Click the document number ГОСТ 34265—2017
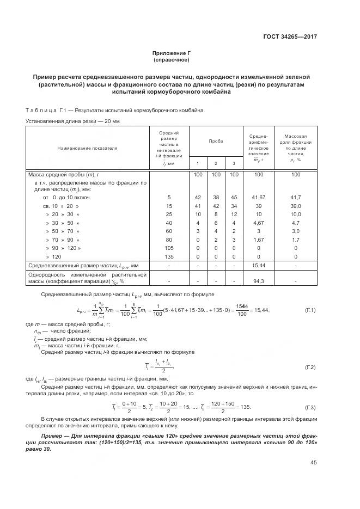pyautogui.click(x=291, y=37)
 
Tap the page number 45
pyautogui.click(x=313, y=463)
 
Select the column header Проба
pyautogui.click(x=215, y=141)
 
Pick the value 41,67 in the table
pyautogui.click(x=259, y=197)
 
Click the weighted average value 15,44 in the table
pyautogui.click(x=259, y=265)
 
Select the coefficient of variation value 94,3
pyautogui.click(x=259, y=281)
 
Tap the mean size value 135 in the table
pyautogui.click(x=169, y=256)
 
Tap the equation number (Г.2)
pyautogui.click(x=310, y=367)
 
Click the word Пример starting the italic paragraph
pyautogui.click(x=53, y=437)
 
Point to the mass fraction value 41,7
pyautogui.click(x=296, y=197)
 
